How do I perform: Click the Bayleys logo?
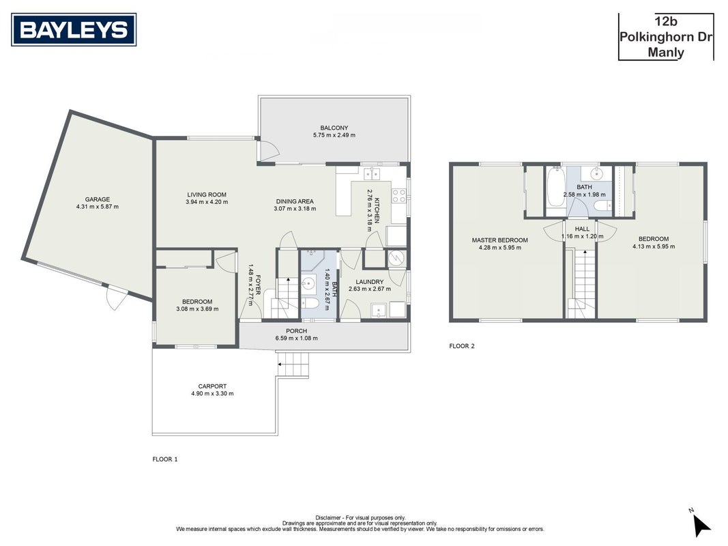tap(74, 30)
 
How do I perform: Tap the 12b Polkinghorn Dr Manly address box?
tap(666, 37)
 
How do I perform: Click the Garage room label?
tap(98, 199)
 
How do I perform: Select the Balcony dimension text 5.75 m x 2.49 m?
tap(334, 135)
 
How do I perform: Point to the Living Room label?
tap(207, 195)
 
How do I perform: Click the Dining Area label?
tap(295, 201)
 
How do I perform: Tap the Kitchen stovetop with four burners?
tap(399, 196)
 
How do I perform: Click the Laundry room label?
tap(370, 282)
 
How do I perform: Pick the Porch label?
tap(296, 331)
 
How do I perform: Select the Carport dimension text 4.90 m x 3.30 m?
tap(212, 393)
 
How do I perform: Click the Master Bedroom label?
tap(500, 240)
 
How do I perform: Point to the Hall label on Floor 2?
tap(582, 229)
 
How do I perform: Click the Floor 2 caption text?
tap(462, 346)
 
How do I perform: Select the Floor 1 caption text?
tap(165, 459)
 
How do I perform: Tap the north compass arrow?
tap(701, 525)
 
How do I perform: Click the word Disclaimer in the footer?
tap(328, 518)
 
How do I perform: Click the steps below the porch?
tap(293, 364)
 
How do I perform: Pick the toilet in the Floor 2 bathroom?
tap(604, 206)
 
